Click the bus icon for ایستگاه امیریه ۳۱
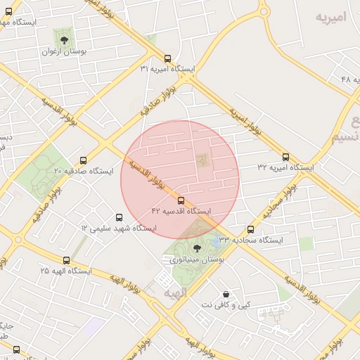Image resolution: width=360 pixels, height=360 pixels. pos(167,58)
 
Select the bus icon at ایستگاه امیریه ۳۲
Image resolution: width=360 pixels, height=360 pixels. pos(285,157)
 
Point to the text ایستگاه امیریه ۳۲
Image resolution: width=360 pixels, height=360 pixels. pos(285,168)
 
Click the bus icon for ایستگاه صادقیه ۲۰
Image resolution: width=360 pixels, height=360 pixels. pos(84,160)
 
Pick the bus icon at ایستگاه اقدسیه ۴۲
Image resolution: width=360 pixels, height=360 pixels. pos(181,200)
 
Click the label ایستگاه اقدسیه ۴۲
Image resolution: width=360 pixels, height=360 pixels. pos(181,210)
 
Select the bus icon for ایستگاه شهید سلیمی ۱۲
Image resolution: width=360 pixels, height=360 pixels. pos(118,217)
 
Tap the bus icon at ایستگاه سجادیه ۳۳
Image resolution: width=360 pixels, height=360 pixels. pos(251,229)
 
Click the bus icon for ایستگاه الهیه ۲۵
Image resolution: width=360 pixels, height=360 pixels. pos(67,259)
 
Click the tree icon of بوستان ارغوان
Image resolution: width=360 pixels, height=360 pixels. pos(65,40)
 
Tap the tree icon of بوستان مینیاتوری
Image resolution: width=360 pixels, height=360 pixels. pos(196,247)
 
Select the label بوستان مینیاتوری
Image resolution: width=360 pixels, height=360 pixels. pos(196,260)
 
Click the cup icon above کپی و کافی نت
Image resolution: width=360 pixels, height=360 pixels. pos(226,294)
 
